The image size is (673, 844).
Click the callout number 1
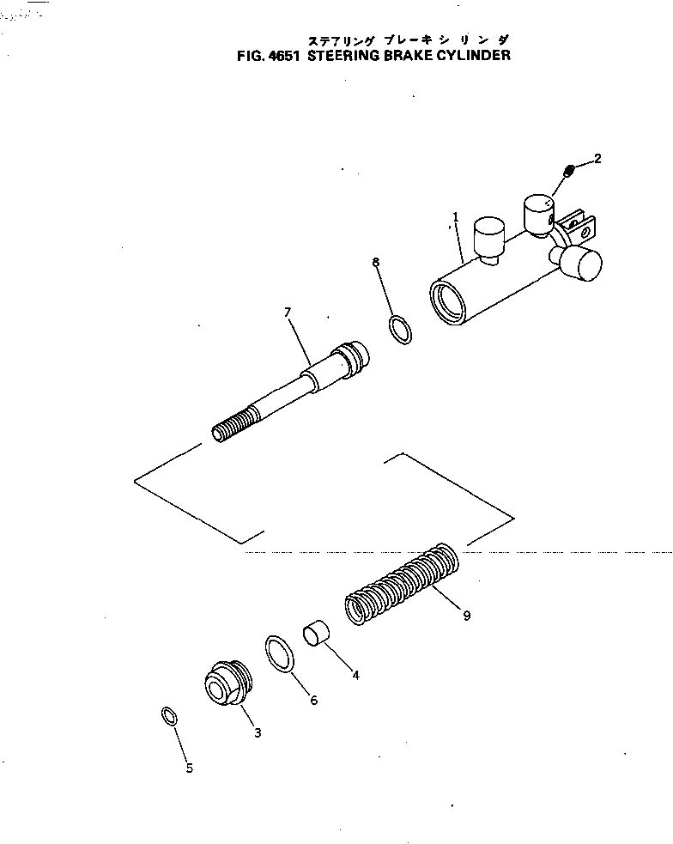[x=457, y=217]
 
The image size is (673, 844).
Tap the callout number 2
[x=597, y=158]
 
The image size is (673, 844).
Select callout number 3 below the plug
[x=258, y=732]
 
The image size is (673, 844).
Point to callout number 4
[x=355, y=675]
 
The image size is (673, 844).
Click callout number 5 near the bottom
[x=190, y=768]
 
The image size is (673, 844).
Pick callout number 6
[x=313, y=701]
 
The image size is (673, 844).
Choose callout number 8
[x=376, y=262]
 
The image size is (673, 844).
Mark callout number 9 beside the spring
[x=466, y=616]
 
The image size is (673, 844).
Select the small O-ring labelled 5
[x=169, y=715]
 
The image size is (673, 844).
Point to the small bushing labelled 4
[x=316, y=637]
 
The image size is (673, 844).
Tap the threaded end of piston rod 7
[x=231, y=426]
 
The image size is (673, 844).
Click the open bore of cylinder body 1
[x=447, y=303]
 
